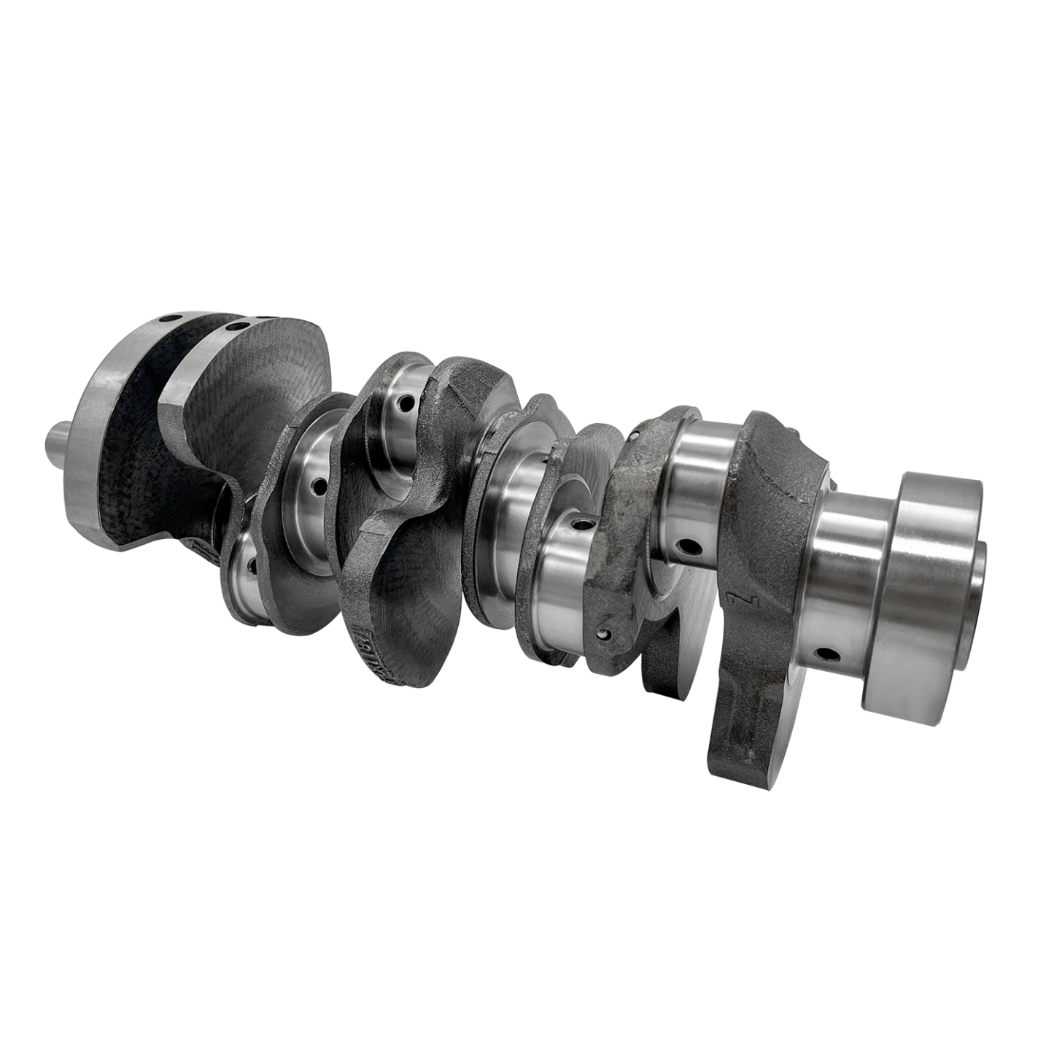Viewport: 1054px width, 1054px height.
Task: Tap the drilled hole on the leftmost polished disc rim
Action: click(174, 319)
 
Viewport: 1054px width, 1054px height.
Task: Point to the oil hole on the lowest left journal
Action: click(252, 565)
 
